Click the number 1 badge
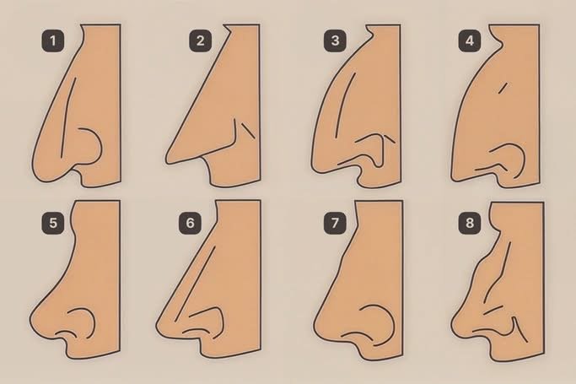click(53, 41)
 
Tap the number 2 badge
click(200, 41)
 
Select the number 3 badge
click(335, 41)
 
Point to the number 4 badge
click(470, 41)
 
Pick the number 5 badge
click(53, 223)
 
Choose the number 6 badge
click(190, 223)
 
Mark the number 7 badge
click(335, 223)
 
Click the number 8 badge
click(470, 223)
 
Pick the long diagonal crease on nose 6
click(195, 284)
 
